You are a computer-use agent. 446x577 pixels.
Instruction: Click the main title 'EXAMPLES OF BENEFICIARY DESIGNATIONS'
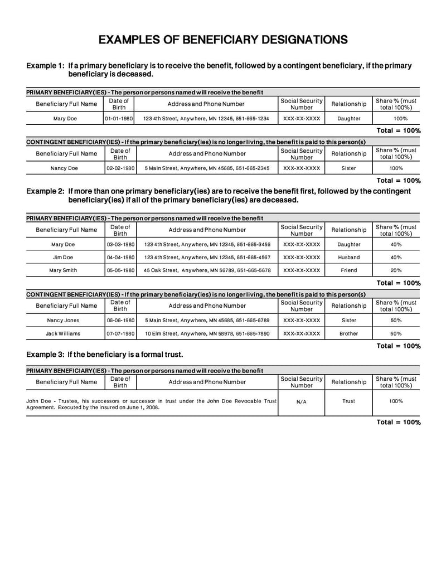tap(223, 40)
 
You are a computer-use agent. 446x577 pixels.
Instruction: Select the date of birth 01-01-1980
tap(119, 119)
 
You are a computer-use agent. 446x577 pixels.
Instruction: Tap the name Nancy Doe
tap(65, 168)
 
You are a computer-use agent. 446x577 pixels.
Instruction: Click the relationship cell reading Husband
tap(349, 258)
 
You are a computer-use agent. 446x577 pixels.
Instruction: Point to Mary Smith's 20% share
tap(396, 270)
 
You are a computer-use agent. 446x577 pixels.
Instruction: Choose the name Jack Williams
tap(63, 333)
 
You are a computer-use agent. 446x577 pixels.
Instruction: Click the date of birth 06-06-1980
tap(120, 321)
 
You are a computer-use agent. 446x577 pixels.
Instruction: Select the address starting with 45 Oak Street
tap(207, 270)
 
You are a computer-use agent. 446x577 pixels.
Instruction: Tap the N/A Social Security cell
tap(302, 401)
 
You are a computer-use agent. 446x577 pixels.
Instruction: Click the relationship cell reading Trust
tap(348, 401)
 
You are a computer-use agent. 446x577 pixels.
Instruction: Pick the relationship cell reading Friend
tap(348, 270)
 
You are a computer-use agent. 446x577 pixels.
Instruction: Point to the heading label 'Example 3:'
tap(45, 355)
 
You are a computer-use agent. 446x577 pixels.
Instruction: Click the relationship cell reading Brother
tap(349, 333)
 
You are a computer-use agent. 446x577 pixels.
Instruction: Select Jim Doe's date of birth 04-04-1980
tap(120, 258)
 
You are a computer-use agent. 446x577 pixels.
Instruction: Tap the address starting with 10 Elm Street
tap(207, 333)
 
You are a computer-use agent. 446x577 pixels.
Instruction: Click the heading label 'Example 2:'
tap(45, 191)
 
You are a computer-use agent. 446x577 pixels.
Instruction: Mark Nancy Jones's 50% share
tap(396, 321)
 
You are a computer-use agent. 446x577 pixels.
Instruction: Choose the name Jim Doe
tap(63, 258)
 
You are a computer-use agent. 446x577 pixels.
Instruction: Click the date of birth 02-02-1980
tap(120, 168)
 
